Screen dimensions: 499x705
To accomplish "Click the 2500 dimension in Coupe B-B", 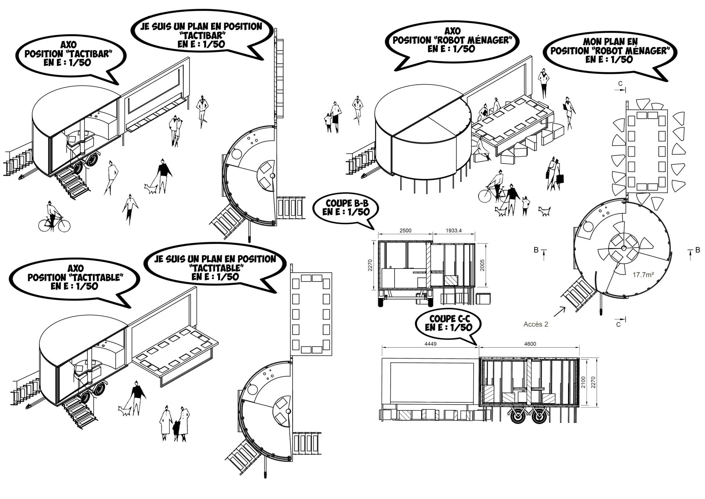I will coord(405,231).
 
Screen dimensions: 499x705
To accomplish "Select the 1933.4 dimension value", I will coord(453,231).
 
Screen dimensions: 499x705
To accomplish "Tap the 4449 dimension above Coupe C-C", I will coord(430,344).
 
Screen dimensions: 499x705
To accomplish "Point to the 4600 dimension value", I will coord(530,344).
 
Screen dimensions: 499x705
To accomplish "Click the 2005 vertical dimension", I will coord(482,265).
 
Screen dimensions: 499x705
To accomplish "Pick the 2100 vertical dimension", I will coord(583,383).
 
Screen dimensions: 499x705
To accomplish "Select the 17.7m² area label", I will coord(643,274).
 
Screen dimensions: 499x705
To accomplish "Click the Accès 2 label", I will coord(536,324).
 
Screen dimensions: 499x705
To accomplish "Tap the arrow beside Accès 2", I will coord(559,312).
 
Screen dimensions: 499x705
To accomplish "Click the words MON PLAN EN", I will coord(610,42).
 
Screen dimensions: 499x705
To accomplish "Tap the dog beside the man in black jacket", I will coord(151,189).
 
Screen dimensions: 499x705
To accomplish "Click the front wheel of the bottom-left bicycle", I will coord(64,225).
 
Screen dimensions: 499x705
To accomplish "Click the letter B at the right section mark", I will coord(697,250).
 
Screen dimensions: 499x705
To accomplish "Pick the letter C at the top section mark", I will coord(620,84).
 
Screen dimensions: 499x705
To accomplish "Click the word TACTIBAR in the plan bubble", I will coord(201,36).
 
